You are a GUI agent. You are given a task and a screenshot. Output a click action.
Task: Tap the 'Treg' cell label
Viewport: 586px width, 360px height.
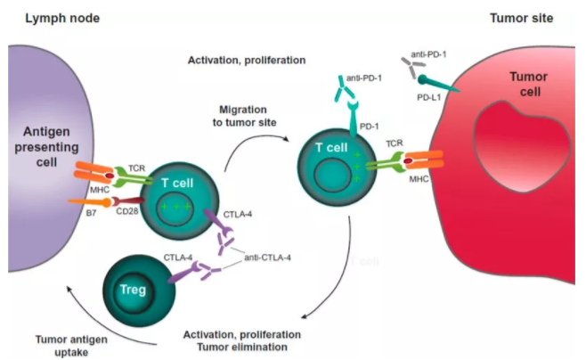[132, 290]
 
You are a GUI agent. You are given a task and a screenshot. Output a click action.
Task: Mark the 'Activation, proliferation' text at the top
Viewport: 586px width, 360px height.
[247, 60]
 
